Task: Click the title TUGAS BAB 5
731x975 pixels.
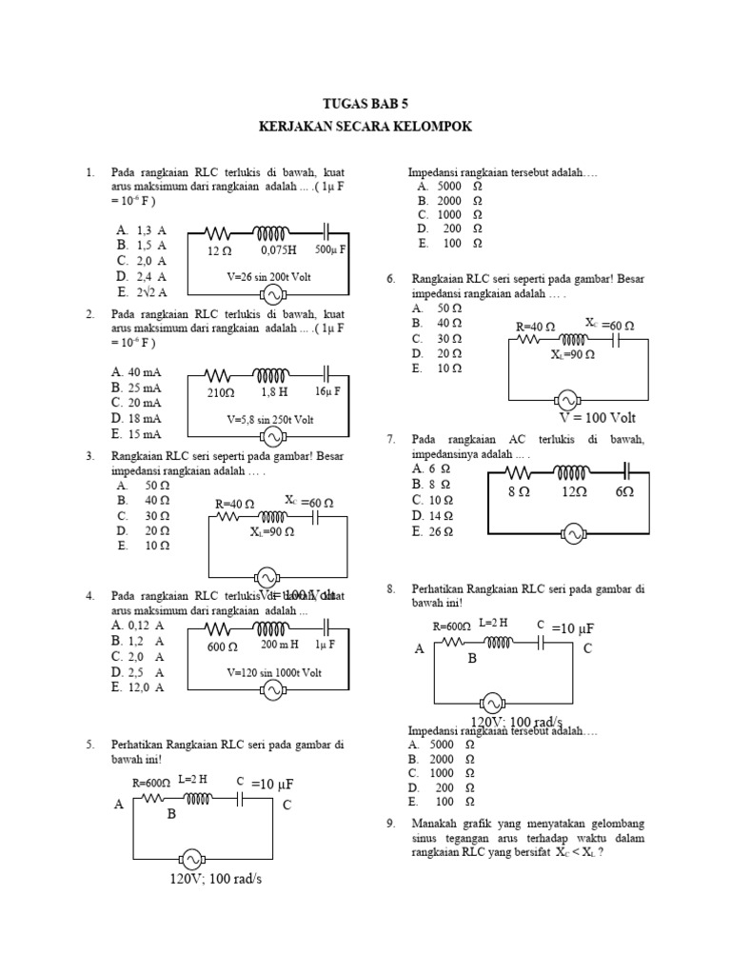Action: click(365, 104)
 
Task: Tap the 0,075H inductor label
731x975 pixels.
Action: click(278, 250)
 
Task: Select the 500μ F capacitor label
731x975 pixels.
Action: click(330, 249)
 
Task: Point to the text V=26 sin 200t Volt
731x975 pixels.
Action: click(268, 276)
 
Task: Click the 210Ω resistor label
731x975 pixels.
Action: click(220, 392)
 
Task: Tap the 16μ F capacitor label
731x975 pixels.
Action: click(328, 391)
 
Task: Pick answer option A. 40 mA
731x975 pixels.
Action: click(137, 371)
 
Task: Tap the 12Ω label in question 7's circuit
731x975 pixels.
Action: click(573, 492)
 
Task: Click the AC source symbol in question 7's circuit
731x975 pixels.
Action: click(573, 535)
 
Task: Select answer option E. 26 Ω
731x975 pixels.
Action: click(430, 532)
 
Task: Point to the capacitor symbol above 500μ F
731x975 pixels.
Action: click(328, 230)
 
